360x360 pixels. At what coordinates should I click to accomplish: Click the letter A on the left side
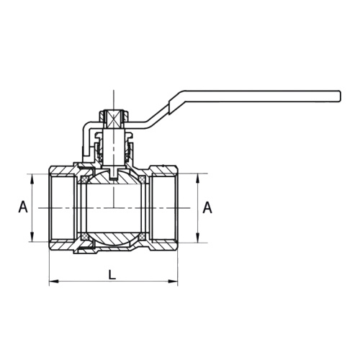tap(23, 207)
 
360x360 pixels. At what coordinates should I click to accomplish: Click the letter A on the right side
tap(207, 207)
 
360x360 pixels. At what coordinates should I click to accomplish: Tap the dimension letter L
tap(112, 274)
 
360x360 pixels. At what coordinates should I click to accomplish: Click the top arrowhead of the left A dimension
tap(32, 178)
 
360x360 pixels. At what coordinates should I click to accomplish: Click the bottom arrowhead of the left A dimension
tap(32, 237)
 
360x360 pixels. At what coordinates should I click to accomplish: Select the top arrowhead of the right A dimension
tap(198, 178)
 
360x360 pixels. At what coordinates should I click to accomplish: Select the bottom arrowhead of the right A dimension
tap(198, 238)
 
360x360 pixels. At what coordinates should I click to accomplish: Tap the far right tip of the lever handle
tap(341, 96)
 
